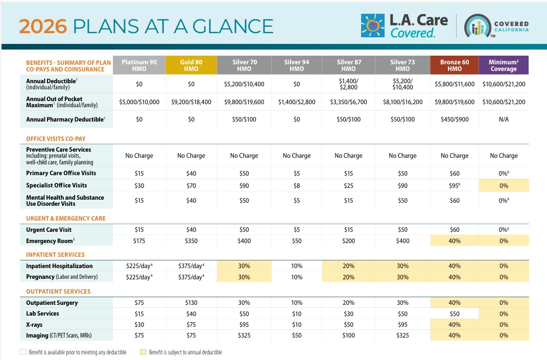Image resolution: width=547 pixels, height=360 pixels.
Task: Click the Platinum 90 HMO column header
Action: pos(139,65)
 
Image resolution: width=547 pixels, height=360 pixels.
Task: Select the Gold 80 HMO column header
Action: pos(191,65)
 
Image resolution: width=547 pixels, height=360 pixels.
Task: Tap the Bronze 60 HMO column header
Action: pos(455,65)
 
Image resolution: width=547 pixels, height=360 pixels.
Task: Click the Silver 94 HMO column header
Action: pos(296,65)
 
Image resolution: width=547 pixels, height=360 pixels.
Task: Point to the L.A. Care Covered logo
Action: pos(405,26)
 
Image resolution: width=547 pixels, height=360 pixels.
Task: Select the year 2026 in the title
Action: pos(42,26)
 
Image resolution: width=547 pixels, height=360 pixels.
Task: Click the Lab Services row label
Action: pos(44,314)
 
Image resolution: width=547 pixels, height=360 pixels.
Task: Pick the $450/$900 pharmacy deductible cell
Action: pos(455,119)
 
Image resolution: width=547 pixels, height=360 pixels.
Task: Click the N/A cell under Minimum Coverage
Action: pos(504,119)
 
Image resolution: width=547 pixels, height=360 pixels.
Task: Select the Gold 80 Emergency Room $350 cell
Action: pos(191,241)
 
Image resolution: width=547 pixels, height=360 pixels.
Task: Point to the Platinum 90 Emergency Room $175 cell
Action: pos(139,241)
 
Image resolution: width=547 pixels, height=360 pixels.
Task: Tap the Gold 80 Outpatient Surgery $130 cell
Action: pos(191,303)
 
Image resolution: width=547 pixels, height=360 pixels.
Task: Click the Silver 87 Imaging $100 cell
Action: pos(348,335)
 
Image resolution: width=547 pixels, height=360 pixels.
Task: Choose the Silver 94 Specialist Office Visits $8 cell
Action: pos(296,185)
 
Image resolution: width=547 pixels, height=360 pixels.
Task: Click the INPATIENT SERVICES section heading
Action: pos(56,255)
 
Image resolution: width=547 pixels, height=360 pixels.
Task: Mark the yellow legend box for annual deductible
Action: pos(143,352)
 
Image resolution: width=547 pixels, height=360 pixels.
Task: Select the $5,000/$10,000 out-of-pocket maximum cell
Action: pos(139,102)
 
